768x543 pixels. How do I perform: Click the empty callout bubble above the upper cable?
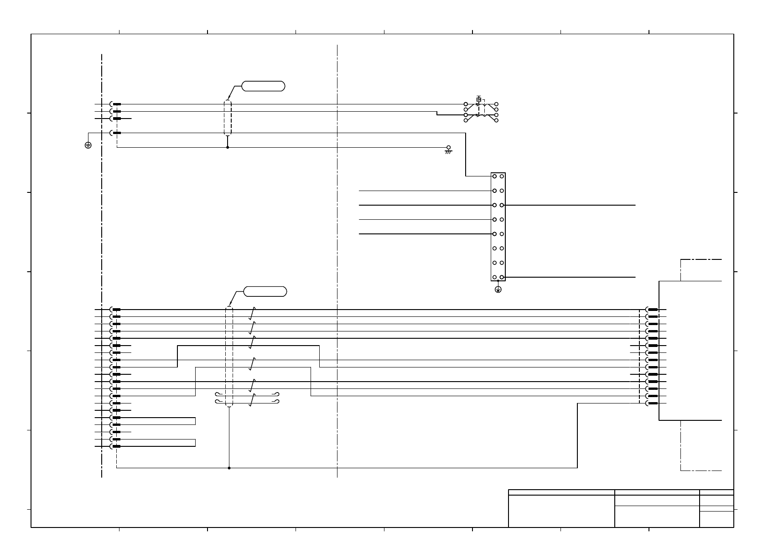coord(263,86)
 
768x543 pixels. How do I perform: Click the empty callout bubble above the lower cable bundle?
coord(265,291)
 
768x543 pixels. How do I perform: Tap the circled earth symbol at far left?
coord(88,145)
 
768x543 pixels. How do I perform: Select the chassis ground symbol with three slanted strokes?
coord(448,150)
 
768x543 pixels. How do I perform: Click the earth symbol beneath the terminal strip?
coord(498,290)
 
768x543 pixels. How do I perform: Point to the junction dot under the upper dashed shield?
coord(228,147)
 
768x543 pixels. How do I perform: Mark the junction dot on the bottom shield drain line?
coord(229,468)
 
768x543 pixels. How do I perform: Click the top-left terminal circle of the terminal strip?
coord(494,176)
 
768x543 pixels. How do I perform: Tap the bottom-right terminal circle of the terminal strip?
coord(502,277)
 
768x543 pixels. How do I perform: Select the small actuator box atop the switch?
coord(479,99)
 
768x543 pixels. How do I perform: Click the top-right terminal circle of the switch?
coord(496,104)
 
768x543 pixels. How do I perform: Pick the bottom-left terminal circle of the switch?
coord(466,120)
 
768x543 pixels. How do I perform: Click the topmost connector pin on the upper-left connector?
coord(116,104)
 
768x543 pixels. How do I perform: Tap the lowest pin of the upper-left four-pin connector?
coord(116,133)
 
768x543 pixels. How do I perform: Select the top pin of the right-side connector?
coord(653,310)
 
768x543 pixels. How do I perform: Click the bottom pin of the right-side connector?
coord(653,403)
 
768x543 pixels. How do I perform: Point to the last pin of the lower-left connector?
coord(116,446)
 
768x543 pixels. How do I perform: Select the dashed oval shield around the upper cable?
coord(228,118)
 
